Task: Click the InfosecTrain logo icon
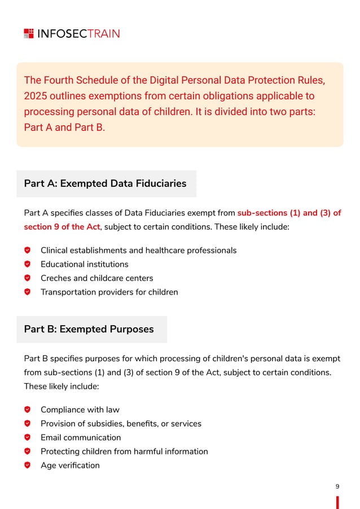(29, 33)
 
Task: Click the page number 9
(337, 486)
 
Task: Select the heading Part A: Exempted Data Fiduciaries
(105, 183)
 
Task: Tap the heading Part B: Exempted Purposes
(89, 329)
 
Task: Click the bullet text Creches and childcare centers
(96, 278)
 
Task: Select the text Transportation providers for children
(109, 292)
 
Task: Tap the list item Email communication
(80, 437)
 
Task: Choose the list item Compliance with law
(80, 410)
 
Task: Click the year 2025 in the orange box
(36, 95)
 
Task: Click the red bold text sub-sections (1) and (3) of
(289, 213)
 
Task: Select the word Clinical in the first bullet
(55, 250)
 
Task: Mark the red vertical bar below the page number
(337, 502)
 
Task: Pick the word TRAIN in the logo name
(104, 33)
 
